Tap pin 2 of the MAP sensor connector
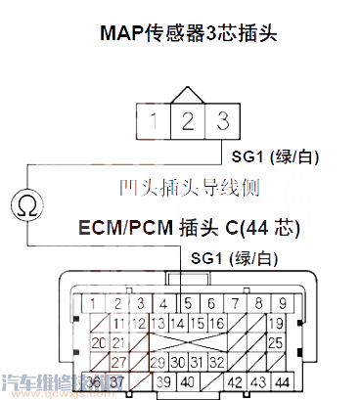tap(185, 121)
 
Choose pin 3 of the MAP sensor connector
tap(223, 121)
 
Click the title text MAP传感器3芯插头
tap(189, 33)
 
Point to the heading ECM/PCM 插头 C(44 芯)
tap(189, 229)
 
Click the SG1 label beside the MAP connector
tap(278, 157)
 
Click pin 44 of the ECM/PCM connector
tap(283, 380)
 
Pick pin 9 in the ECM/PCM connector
tap(284, 303)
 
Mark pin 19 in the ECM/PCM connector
tap(276, 323)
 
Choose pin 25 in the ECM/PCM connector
tap(276, 342)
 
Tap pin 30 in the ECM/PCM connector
tap(179, 361)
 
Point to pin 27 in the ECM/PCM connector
tap(119, 361)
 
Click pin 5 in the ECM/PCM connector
tap(188, 303)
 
